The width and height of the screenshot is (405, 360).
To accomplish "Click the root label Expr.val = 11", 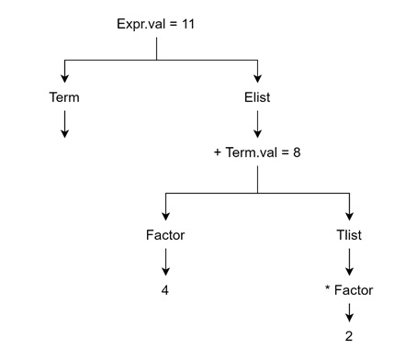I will click(x=156, y=20).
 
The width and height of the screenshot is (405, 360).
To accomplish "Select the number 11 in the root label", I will click(x=188, y=20).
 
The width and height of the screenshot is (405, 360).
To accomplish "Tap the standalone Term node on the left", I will click(x=63, y=95).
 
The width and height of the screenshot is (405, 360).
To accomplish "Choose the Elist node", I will click(x=258, y=95).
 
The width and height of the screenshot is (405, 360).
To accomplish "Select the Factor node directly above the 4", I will click(x=165, y=235).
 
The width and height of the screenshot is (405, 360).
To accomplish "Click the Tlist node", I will click(x=349, y=235).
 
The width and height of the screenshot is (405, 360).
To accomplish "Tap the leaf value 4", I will click(x=165, y=291).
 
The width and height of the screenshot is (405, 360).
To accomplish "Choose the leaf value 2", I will click(x=349, y=336).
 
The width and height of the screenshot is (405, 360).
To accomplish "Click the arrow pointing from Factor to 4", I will click(x=165, y=263).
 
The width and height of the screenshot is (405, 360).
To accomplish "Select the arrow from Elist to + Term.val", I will click(x=258, y=123).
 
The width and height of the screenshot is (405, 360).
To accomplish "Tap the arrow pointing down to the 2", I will click(x=349, y=313).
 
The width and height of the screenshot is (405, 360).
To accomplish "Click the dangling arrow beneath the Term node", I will click(x=63, y=123).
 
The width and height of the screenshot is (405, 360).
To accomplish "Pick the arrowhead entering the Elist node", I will click(x=258, y=78).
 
